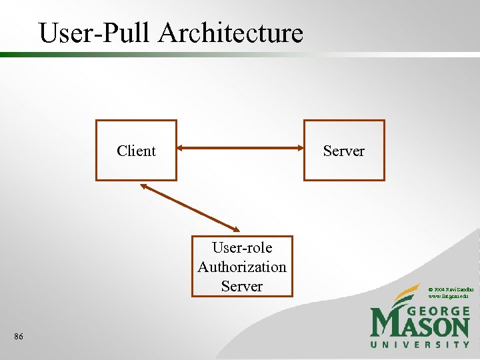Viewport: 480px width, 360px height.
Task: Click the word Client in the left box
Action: (x=136, y=151)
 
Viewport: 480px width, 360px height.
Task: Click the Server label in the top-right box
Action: (x=343, y=151)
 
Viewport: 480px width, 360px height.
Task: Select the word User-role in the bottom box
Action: (x=241, y=248)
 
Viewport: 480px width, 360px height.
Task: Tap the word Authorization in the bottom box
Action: (x=241, y=267)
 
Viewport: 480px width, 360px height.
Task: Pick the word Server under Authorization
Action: (x=241, y=286)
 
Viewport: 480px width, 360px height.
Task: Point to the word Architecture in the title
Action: (x=231, y=33)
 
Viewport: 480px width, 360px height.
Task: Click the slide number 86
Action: (x=18, y=337)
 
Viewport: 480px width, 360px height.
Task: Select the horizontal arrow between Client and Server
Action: (x=240, y=151)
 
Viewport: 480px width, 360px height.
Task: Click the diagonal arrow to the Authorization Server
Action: (x=190, y=208)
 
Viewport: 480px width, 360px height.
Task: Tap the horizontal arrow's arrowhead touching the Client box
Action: (x=182, y=151)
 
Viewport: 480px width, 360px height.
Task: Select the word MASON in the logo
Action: (x=420, y=326)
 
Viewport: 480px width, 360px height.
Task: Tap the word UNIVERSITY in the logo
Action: (x=420, y=345)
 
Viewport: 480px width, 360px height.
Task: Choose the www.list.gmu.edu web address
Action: (x=447, y=295)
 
